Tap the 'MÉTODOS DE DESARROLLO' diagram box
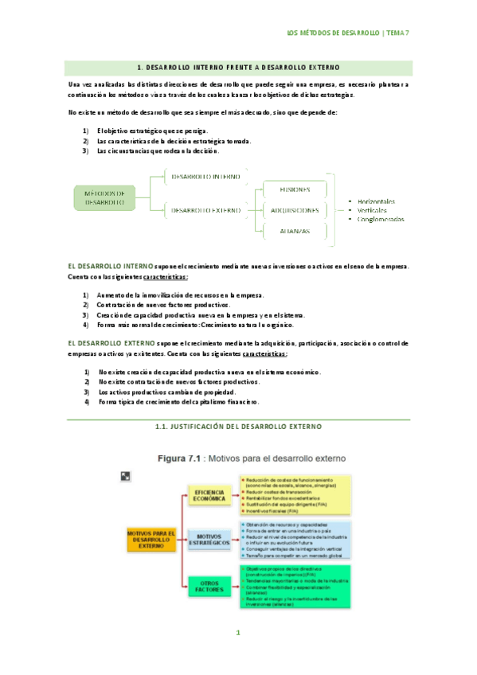point(104,197)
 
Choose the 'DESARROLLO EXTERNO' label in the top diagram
point(206,210)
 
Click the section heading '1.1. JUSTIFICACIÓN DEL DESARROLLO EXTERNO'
point(238,427)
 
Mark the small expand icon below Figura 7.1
point(125,475)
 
